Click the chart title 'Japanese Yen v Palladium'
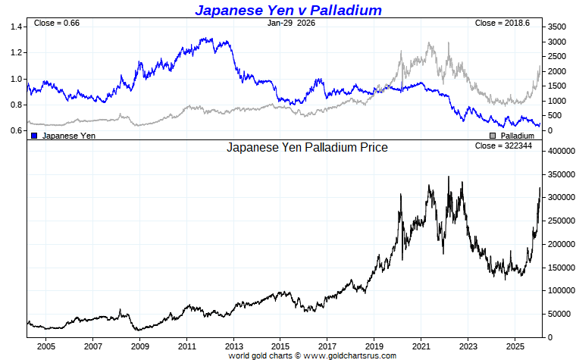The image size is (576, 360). click(288, 10)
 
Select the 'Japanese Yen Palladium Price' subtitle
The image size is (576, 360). click(307, 148)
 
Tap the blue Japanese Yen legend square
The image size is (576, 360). click(34, 136)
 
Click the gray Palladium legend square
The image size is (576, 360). click(493, 136)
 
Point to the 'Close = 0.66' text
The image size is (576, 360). click(57, 23)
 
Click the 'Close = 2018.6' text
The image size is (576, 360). click(502, 23)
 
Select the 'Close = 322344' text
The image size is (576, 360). click(502, 146)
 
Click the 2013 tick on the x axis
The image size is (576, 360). click(233, 346)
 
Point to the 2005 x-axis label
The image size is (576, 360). click(46, 346)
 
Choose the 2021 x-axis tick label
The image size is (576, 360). click(421, 346)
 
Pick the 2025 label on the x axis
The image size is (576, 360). click(515, 346)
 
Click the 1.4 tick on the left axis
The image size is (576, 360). click(16, 27)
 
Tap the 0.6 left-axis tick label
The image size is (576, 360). click(16, 131)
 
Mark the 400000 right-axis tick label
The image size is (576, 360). click(562, 152)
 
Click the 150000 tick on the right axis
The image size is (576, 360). click(562, 268)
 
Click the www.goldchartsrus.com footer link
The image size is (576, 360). click(351, 355)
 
